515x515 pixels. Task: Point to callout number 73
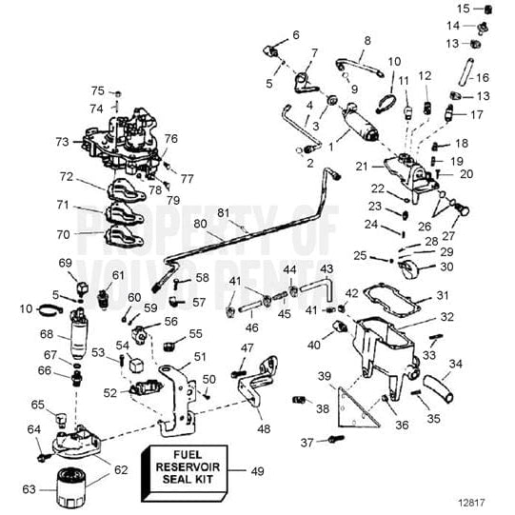coord(62,141)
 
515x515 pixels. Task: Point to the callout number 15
coord(463,9)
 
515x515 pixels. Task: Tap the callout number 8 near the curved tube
coord(366,41)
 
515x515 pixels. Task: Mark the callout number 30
coord(446,267)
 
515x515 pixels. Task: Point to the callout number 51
coord(200,356)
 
